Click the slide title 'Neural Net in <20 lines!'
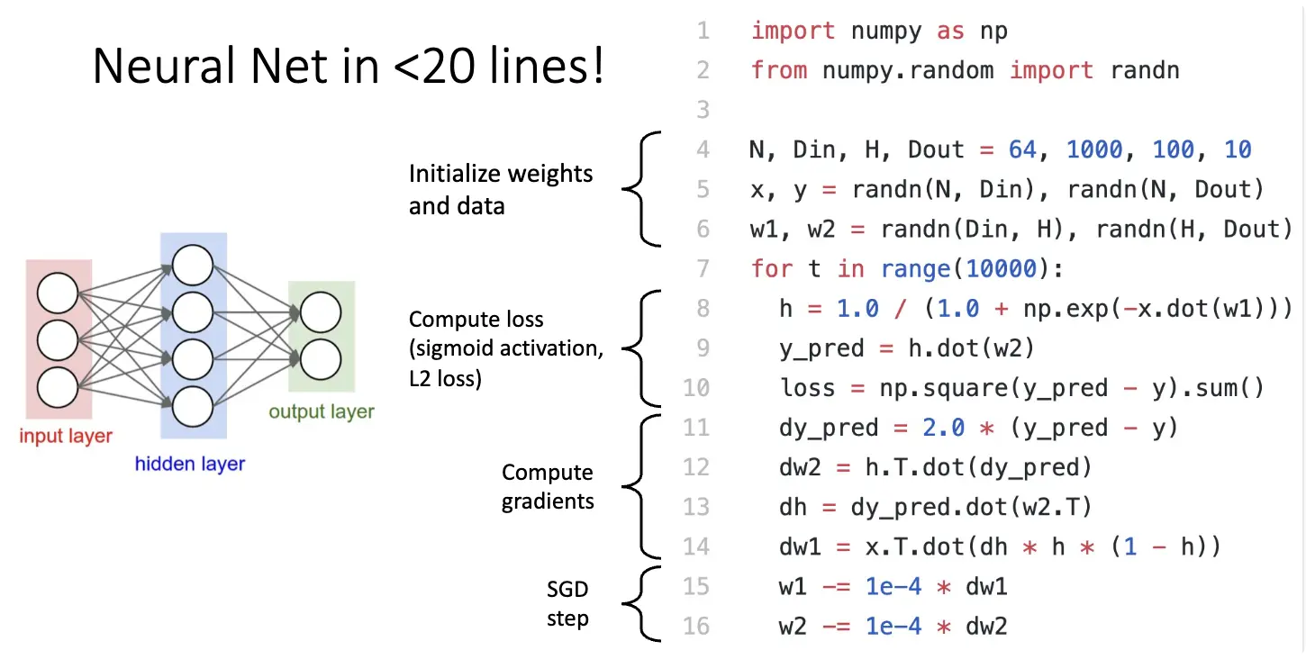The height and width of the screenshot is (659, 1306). [x=349, y=67]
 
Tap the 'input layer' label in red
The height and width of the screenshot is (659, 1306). [x=66, y=437]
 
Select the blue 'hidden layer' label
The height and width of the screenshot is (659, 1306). [x=190, y=465]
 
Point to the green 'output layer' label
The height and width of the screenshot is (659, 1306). [x=322, y=412]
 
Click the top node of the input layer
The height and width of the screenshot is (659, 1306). [x=58, y=293]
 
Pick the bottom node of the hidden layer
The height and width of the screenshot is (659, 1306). [x=193, y=406]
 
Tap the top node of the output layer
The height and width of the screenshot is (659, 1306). [x=321, y=312]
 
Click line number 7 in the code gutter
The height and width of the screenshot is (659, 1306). [x=703, y=268]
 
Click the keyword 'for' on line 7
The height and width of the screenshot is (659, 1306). [x=773, y=268]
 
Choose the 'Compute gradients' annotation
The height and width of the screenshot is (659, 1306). [x=548, y=486]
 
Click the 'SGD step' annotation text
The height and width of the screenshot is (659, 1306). [x=567, y=604]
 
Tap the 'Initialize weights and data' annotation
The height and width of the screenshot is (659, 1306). [x=501, y=189]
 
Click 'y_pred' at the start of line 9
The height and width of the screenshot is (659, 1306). [x=824, y=348]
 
